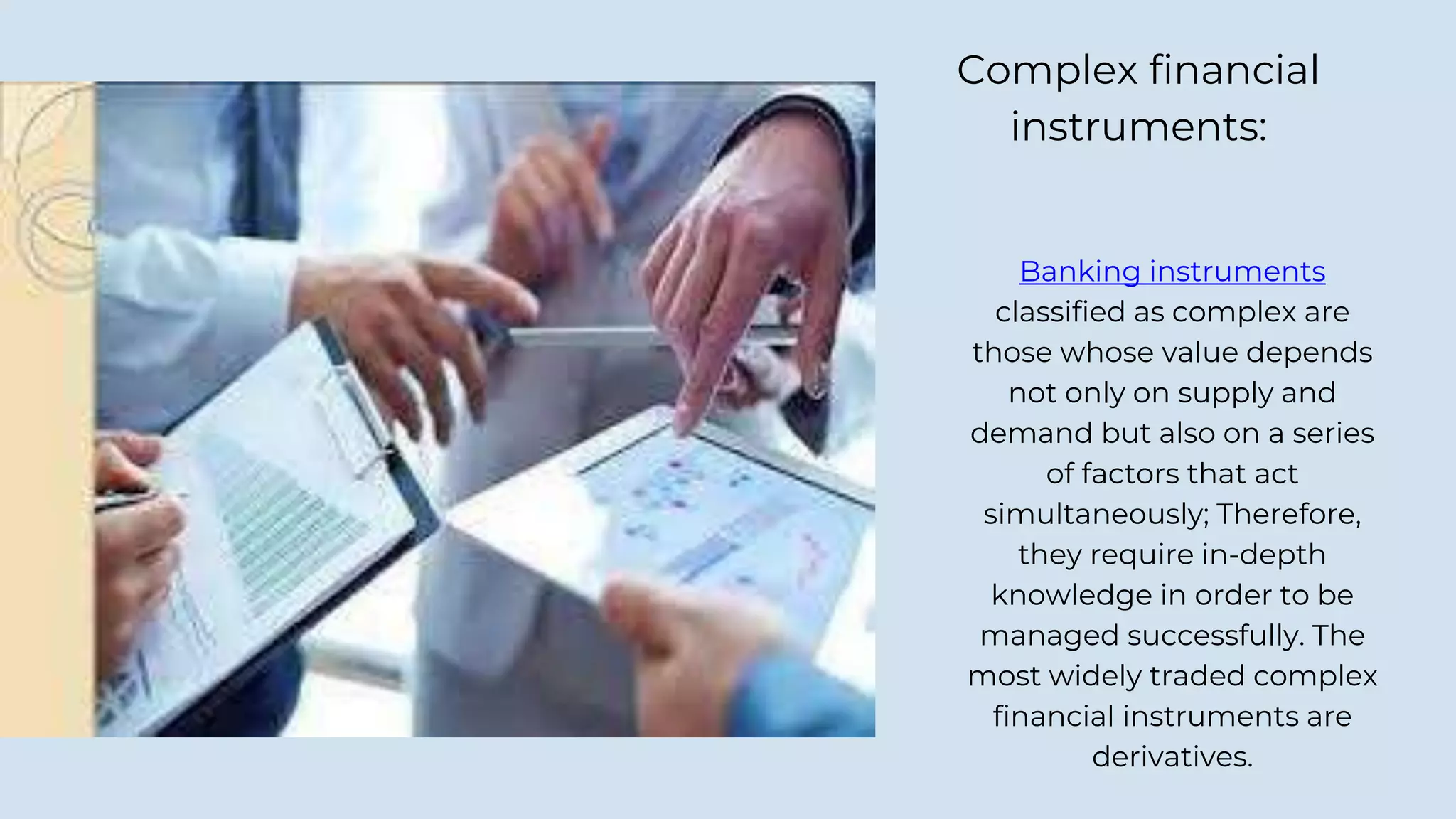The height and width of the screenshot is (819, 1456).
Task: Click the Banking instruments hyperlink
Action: point(1172,272)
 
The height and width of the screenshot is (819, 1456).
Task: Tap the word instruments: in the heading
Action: point(1139,127)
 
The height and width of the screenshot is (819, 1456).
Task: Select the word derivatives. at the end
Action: point(1172,756)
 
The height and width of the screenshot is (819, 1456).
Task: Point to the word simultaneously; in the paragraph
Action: point(1096,514)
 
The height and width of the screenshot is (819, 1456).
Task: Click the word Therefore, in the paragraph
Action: point(1288,514)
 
